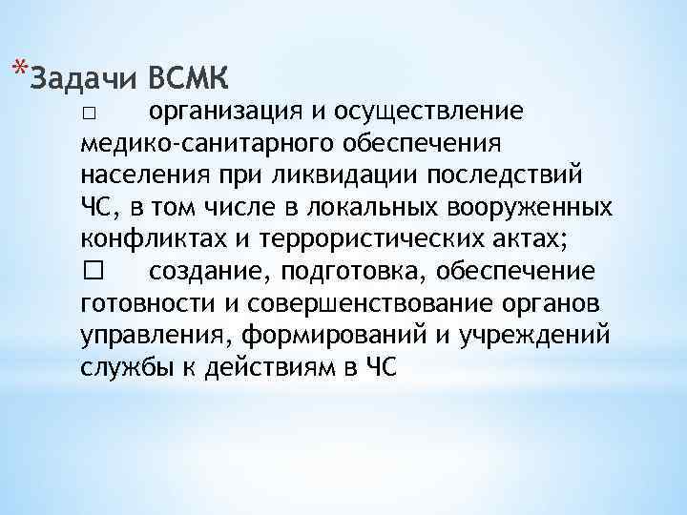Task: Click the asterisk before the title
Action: pyautogui.click(x=21, y=67)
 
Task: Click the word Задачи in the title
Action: pyautogui.click(x=79, y=77)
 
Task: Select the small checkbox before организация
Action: pyautogui.click(x=88, y=114)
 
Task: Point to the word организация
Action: pyautogui.click(x=226, y=113)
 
